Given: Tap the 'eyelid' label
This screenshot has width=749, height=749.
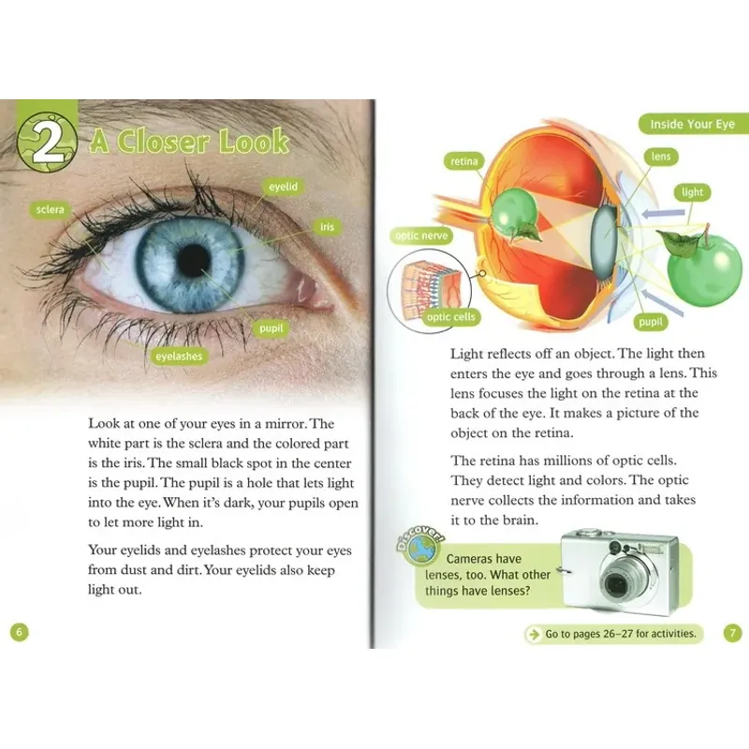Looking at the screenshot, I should (x=283, y=187).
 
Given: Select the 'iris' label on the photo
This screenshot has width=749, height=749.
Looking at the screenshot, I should (x=327, y=228).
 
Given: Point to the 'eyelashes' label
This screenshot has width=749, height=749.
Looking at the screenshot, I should (x=179, y=356).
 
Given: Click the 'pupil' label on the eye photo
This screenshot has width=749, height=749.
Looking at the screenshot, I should (x=272, y=329).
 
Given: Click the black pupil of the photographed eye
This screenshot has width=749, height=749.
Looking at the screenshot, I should (x=193, y=260).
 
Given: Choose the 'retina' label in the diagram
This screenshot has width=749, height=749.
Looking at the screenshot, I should (x=464, y=162).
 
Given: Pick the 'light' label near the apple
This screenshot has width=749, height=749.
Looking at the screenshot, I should (x=692, y=192).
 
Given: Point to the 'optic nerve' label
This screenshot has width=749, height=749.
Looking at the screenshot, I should (x=421, y=236).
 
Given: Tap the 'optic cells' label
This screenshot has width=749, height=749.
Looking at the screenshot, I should (x=451, y=317).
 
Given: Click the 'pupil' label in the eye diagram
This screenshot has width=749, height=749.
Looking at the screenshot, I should (x=650, y=322).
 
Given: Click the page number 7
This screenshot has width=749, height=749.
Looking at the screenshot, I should (x=732, y=634).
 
